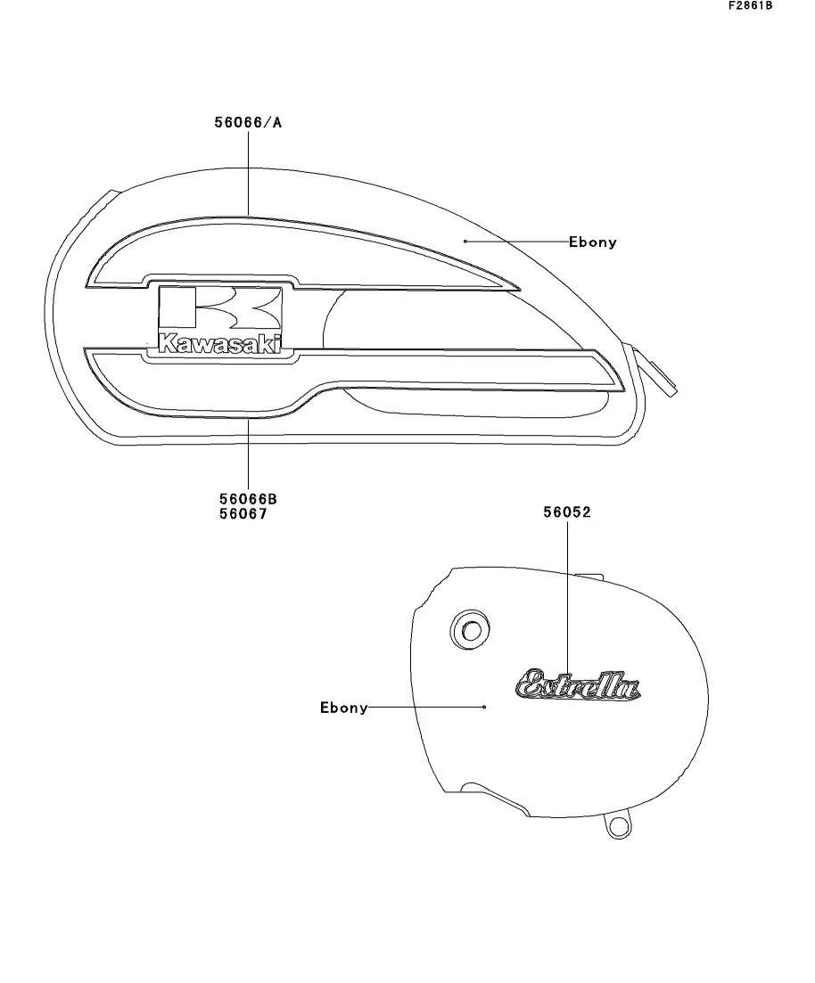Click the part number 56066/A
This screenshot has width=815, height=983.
point(248,123)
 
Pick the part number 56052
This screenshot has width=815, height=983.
point(567,512)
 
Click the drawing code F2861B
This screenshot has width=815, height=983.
point(750,6)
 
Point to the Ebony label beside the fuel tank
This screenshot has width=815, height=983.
point(592,242)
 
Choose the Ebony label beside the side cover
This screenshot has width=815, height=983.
point(344,708)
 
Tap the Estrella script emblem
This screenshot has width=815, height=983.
point(578,686)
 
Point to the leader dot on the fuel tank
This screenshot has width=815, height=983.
point(465,241)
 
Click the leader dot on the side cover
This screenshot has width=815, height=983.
point(483,707)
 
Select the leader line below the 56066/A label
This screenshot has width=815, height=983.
point(248,174)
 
